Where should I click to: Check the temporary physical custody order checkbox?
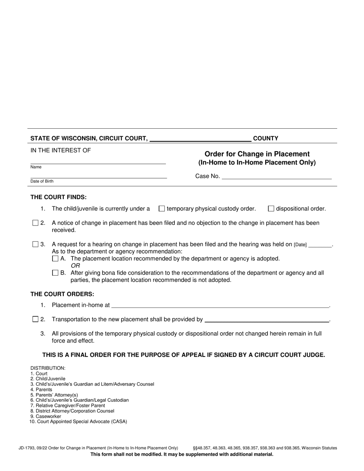pyautogui.click(x=162, y=209)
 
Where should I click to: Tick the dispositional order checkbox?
pyautogui.click(x=271, y=209)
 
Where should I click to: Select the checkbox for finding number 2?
pyautogui.click(x=36, y=223)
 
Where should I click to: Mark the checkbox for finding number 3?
pyautogui.click(x=36, y=244)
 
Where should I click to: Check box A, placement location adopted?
pyautogui.click(x=55, y=259)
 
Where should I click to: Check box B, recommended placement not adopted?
pyautogui.click(x=55, y=273)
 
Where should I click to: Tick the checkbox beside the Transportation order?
pyautogui.click(x=36, y=319)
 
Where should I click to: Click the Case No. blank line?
pyautogui.click(x=277, y=176)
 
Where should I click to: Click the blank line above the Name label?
pyautogui.click(x=98, y=161)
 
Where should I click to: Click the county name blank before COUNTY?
pyautogui.click(x=200, y=139)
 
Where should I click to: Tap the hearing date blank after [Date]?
pyautogui.click(x=320, y=245)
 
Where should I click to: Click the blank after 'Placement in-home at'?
pyautogui.click(x=220, y=305)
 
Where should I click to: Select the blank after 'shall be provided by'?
pyautogui.click(x=267, y=319)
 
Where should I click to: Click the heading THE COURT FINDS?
pyautogui.click(x=59, y=197)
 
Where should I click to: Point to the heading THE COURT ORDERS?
pyautogui.click(x=62, y=294)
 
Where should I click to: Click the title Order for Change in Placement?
pyautogui.click(x=257, y=154)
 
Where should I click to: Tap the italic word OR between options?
pyautogui.click(x=75, y=266)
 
